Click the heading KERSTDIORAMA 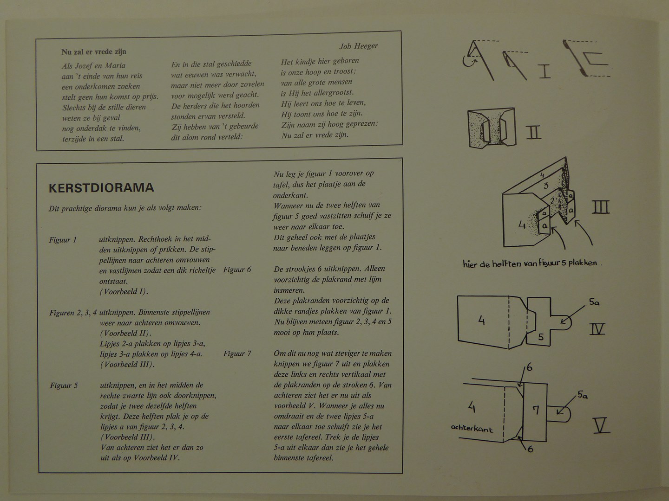[101, 188]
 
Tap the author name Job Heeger [358, 46]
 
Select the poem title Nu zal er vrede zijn [93, 51]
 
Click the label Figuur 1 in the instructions [63, 240]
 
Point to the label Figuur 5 [64, 385]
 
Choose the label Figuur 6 [237, 270]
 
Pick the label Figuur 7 [237, 353]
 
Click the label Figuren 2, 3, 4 [73, 313]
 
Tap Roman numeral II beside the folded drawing [533, 132]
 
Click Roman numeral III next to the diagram [600, 207]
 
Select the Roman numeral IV [597, 329]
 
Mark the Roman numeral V [602, 425]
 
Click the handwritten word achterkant [472, 428]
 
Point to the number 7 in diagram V [536, 411]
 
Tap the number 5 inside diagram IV [541, 337]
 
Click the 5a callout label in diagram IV [594, 302]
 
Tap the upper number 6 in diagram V [530, 367]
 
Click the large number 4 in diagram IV [482, 320]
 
